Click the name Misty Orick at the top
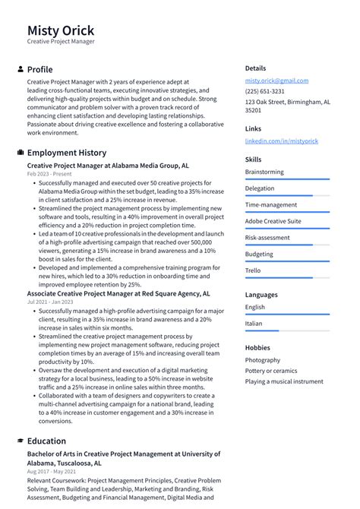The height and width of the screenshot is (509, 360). [61, 30]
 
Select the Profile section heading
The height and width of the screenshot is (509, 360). [39, 69]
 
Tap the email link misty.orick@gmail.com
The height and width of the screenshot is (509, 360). [276, 81]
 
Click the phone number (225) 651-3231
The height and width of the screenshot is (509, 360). [264, 91]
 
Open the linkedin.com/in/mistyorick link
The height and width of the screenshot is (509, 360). [281, 141]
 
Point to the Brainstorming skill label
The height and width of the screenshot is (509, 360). [264, 172]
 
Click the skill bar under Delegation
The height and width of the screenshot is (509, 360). [287, 195]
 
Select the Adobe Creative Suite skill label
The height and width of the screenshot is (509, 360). [273, 221]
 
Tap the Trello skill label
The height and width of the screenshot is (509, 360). [254, 270]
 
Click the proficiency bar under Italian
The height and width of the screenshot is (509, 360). [287, 330]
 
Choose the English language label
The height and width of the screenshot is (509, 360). [255, 307]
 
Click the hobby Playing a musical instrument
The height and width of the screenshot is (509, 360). [283, 381]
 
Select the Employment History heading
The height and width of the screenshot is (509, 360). [67, 153]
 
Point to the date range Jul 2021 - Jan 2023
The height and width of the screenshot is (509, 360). [51, 302]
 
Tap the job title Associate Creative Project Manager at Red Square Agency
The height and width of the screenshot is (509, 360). [118, 292]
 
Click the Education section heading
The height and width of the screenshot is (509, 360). [46, 441]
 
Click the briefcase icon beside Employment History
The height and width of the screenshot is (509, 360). [20, 153]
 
